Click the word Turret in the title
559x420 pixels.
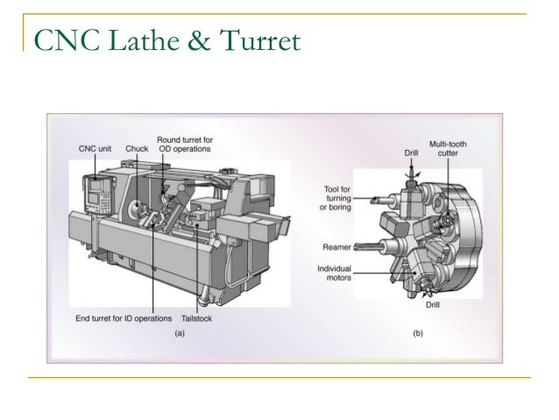[x=259, y=40]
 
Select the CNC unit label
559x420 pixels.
[x=95, y=149]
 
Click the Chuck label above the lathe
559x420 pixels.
[x=137, y=149]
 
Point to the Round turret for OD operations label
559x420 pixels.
[x=185, y=145]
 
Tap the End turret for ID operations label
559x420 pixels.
[x=124, y=318]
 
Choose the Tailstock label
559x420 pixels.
[x=196, y=318]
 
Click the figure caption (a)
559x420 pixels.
[x=180, y=333]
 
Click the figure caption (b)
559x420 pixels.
[x=418, y=333]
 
